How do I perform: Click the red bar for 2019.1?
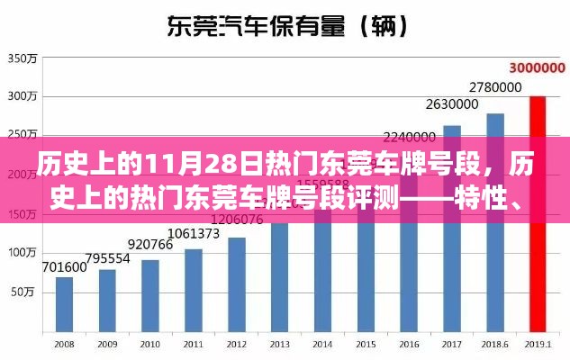pyautogui.click(x=538, y=216)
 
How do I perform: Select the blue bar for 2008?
pyautogui.click(x=64, y=305)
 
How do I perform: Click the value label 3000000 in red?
pyautogui.click(x=538, y=67)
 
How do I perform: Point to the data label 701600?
pyautogui.click(x=64, y=266)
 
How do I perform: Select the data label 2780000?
pyautogui.click(x=495, y=87)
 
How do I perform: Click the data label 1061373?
pyautogui.click(x=194, y=234)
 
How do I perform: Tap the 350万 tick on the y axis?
pyautogui.click(x=21, y=59)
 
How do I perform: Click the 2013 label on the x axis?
pyautogui.click(x=280, y=345)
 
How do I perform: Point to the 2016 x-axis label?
pyautogui.click(x=409, y=345)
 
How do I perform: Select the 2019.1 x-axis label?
pyautogui.click(x=538, y=345)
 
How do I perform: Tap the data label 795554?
pyautogui.click(x=107, y=257)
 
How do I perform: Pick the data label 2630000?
pyautogui.click(x=452, y=103)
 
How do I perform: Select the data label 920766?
pyautogui.click(x=150, y=245)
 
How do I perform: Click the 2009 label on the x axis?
pyautogui.click(x=107, y=345)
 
